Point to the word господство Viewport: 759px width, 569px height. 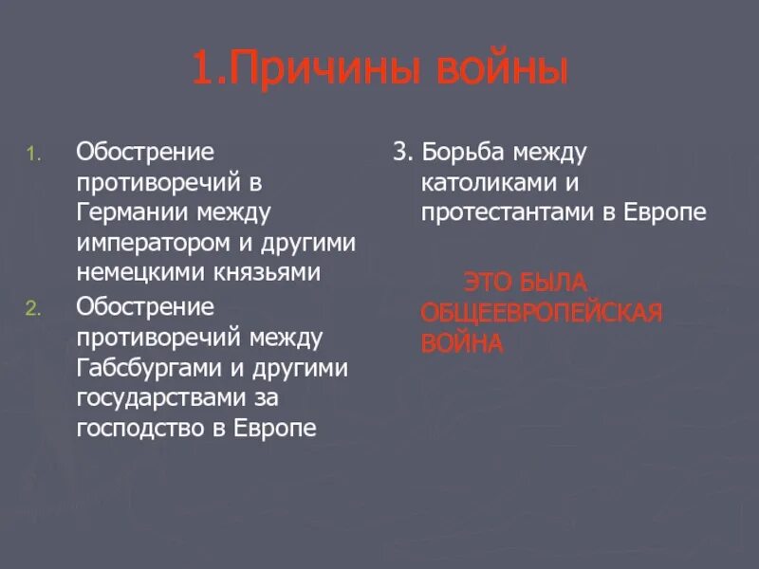click(139, 428)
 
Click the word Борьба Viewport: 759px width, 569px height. click(460, 152)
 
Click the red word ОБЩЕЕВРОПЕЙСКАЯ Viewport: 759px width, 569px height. click(541, 313)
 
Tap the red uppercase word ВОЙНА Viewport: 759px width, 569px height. click(461, 343)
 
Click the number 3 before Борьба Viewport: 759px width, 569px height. click(401, 152)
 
